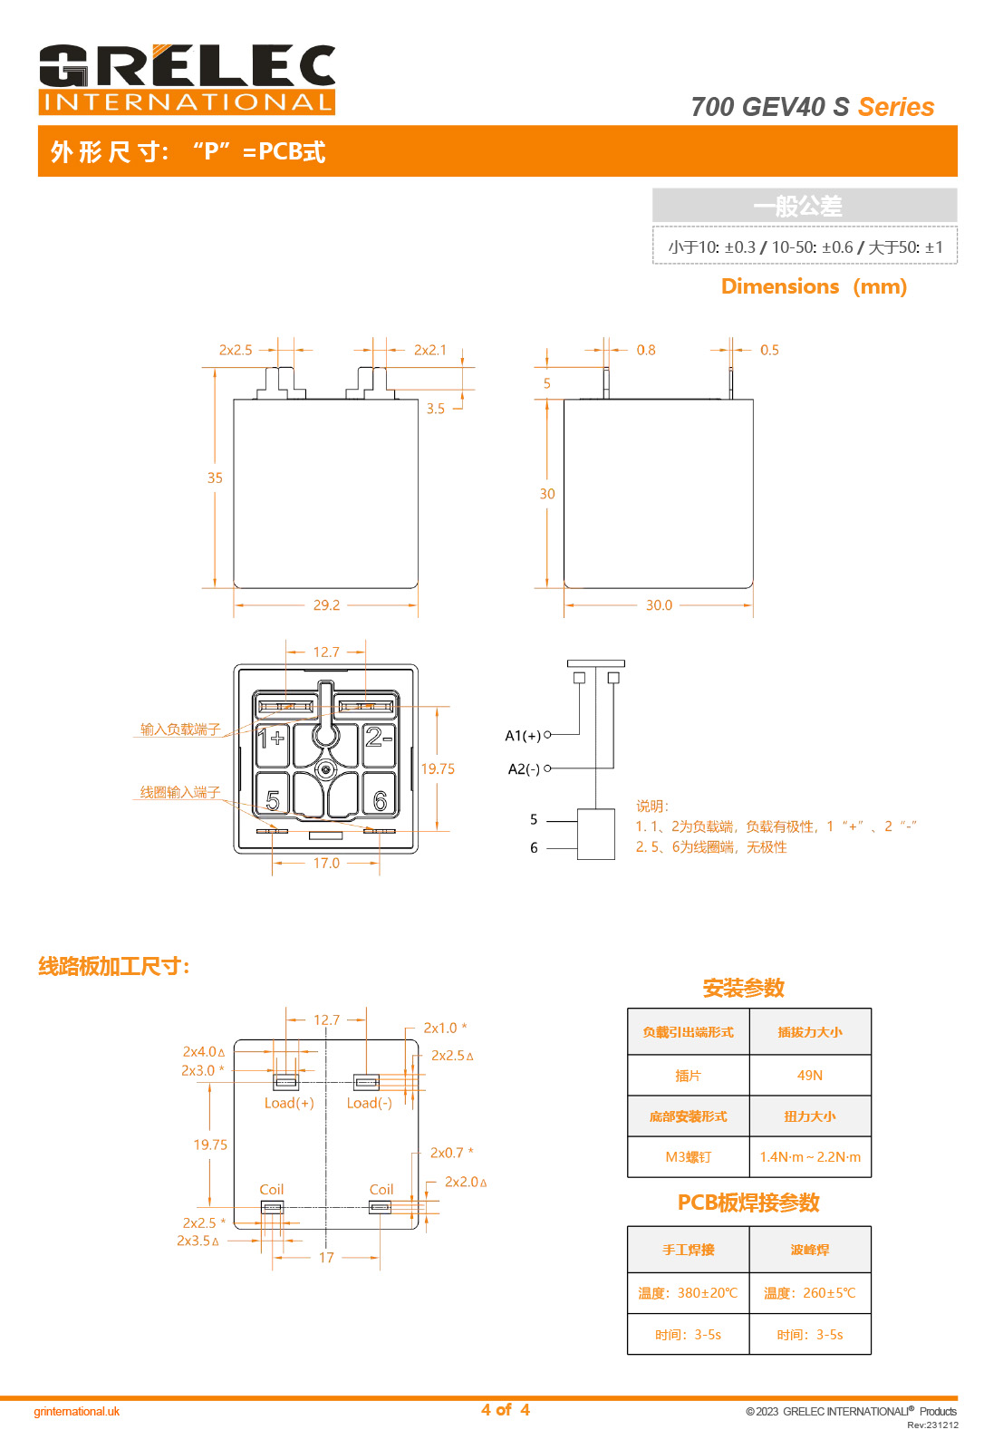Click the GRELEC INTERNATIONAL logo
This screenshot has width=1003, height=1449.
pos(187,79)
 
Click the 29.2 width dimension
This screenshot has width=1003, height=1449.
pos(326,605)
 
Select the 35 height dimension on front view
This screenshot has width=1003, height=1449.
pos(215,478)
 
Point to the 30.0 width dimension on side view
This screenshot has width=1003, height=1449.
pos(659,605)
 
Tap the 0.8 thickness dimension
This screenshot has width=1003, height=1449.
pos(646,350)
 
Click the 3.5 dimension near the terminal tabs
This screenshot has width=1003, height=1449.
pos(436,409)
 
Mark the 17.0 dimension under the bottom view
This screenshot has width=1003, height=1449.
pos(326,864)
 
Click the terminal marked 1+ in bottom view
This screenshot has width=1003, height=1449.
pos(271,739)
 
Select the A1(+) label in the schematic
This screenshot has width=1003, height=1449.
pos(523,736)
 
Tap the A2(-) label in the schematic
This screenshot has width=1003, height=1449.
pos(524,769)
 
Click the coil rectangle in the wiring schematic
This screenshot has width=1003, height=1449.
pos(595,834)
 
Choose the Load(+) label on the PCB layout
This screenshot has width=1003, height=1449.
pos(289,1103)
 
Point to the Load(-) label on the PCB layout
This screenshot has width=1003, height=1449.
pos(369,1103)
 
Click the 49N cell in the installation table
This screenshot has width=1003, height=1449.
pos(810,1076)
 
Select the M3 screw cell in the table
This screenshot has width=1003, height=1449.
pos(689,1157)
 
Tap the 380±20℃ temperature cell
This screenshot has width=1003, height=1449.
pos(688,1293)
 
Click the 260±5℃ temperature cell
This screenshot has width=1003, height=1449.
pos(809,1293)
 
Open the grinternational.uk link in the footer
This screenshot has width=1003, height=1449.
pos(76,1412)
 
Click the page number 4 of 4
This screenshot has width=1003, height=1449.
pos(506,1410)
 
